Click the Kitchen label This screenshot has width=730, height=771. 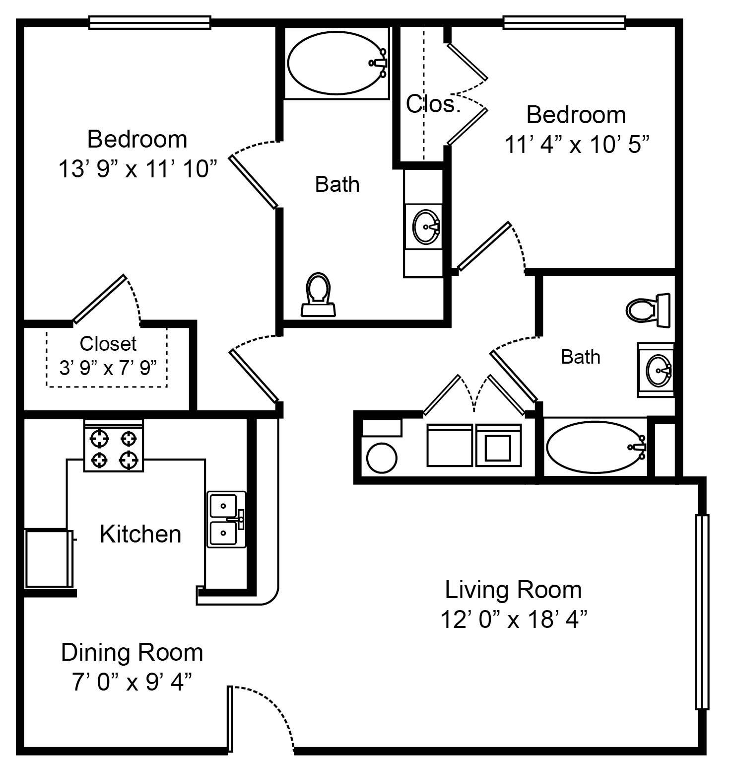coord(140,534)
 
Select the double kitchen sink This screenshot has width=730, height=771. coord(226,520)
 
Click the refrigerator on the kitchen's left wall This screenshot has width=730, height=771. coord(48,558)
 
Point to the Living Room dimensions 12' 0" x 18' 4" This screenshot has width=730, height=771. coord(514,619)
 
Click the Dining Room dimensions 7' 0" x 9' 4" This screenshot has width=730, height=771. coord(132,682)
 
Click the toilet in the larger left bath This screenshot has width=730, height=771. coord(318,295)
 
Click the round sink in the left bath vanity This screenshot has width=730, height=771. coord(426,227)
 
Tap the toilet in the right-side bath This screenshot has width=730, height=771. coord(647,310)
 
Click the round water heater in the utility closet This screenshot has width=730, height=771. coord(382,458)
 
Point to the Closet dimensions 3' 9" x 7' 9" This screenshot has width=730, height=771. coord(108,368)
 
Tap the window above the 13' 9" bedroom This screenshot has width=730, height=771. coord(149,22)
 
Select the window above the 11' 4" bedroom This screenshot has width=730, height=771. coord(564,22)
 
